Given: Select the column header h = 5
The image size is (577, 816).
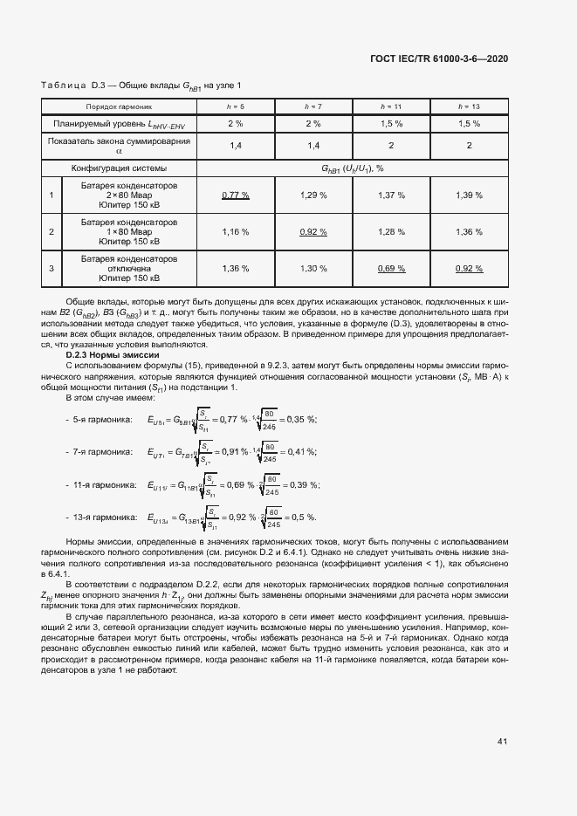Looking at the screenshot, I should (x=236, y=106).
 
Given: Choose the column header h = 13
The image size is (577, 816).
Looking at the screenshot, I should (x=469, y=106).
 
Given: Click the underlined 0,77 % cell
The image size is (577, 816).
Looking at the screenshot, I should (x=236, y=195).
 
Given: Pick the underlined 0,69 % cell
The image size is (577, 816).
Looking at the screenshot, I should (x=391, y=268).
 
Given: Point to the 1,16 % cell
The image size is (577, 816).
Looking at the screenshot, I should (x=236, y=231).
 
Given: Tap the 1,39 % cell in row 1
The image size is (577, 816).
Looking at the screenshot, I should (x=469, y=195).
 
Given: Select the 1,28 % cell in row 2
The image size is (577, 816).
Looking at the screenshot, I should (x=391, y=231).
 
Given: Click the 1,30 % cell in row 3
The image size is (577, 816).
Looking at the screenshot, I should (x=313, y=268).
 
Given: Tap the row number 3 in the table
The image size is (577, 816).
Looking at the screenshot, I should (x=52, y=268).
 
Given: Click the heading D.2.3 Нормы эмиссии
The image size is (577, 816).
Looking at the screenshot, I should (x=113, y=355).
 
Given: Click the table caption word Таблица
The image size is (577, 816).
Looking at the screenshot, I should (x=63, y=85).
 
